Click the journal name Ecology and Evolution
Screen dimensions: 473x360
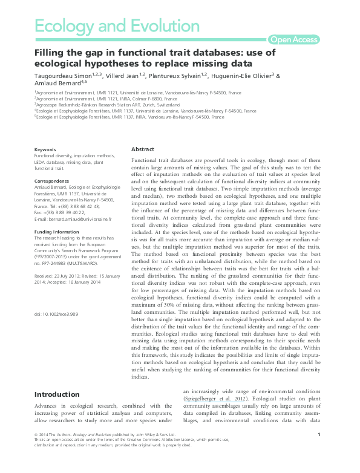pyautogui.click(x=117, y=26)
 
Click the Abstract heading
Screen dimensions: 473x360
pyautogui.click(x=143, y=149)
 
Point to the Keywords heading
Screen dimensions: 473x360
pyautogui.click(x=45, y=149)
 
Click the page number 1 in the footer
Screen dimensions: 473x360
pyautogui.click(x=318, y=452)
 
